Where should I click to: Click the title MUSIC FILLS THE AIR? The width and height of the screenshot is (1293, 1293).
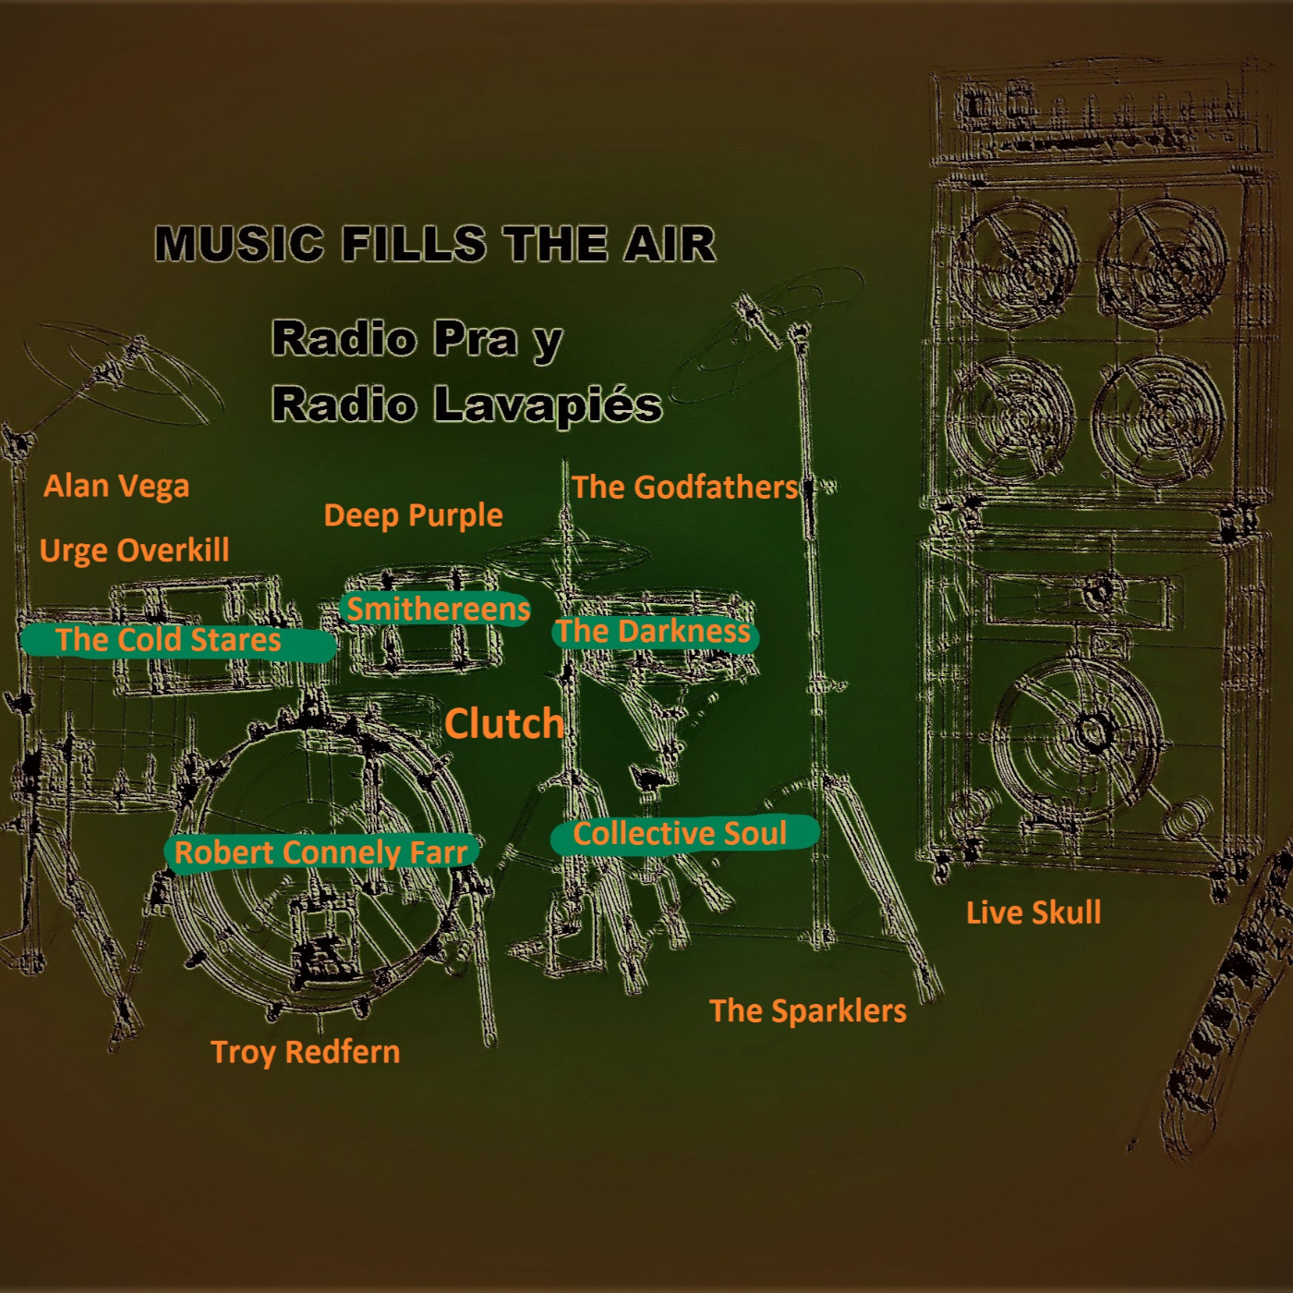(x=435, y=244)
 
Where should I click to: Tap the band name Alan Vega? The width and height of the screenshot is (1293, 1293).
(x=116, y=486)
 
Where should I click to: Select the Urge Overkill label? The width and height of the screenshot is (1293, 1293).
(x=135, y=550)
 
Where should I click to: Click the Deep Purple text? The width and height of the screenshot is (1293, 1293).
(x=413, y=515)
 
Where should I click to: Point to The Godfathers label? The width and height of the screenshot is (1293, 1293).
(x=684, y=487)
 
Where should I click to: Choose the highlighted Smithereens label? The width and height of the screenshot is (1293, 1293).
(x=438, y=609)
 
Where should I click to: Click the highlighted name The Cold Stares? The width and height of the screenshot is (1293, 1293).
(x=168, y=640)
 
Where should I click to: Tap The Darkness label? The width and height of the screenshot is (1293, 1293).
(x=654, y=632)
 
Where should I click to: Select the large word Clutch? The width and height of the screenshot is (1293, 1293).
(x=504, y=723)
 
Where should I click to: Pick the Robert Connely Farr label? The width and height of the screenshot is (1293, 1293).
(x=321, y=852)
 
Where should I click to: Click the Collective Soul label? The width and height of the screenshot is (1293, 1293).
(x=681, y=834)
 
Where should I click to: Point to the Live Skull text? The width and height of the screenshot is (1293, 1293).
(x=1033, y=912)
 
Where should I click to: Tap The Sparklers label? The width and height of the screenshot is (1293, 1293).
(x=808, y=1010)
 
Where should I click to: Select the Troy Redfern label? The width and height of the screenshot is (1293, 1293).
(x=306, y=1051)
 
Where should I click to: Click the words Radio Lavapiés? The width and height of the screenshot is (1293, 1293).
(x=467, y=405)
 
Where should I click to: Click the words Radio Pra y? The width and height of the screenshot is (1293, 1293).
(x=417, y=339)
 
